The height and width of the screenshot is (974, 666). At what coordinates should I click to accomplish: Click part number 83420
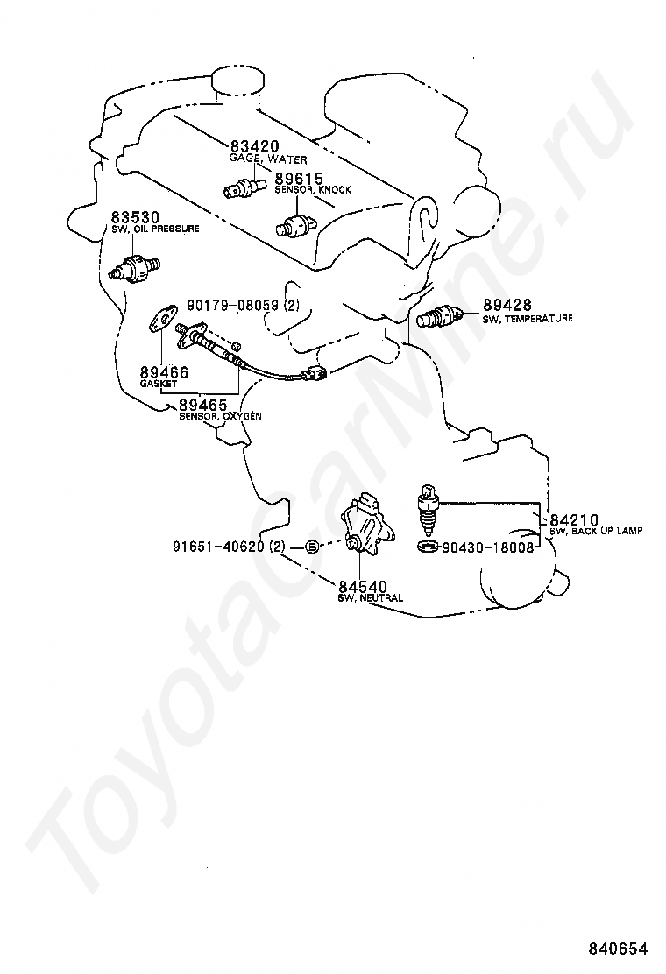255,146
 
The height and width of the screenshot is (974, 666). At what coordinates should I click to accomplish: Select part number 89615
300,178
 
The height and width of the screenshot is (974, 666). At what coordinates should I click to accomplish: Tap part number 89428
506,306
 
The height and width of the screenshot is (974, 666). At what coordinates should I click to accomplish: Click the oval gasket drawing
159,319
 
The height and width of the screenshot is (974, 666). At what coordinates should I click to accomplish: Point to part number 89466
164,373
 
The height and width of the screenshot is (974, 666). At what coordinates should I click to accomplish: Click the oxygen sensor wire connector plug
316,376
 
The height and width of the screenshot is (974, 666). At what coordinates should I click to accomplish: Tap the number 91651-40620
218,547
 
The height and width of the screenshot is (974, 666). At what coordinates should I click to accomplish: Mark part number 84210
574,520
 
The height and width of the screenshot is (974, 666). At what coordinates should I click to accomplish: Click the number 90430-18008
487,547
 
